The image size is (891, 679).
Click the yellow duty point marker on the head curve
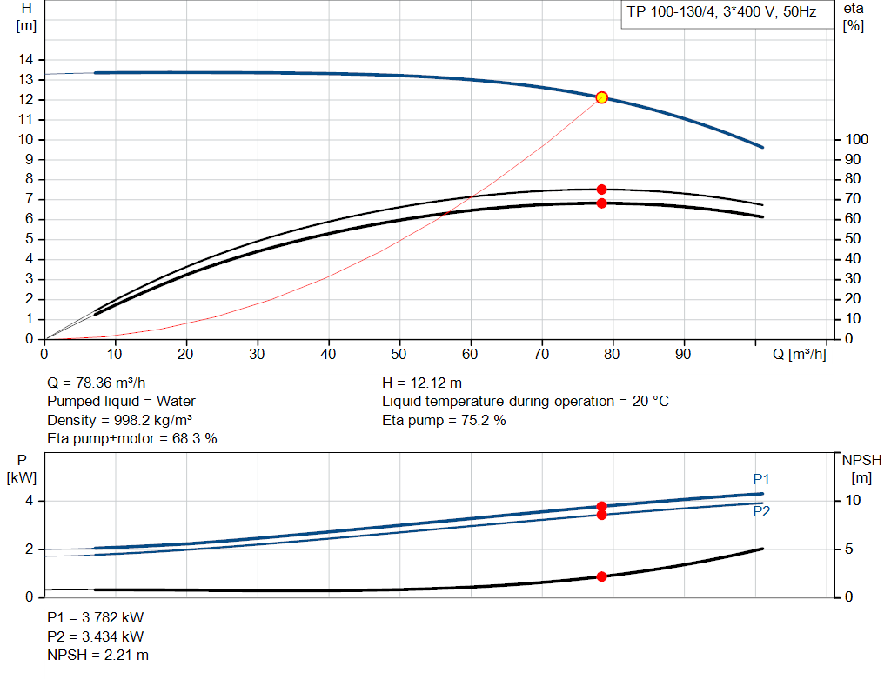coord(601,97)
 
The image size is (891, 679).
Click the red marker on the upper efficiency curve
coord(601,189)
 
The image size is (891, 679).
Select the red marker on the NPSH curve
coord(601,576)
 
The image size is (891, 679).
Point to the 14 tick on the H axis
coord(26,59)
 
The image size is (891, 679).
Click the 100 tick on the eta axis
coord(857,139)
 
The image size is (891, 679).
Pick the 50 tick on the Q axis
coord(399,354)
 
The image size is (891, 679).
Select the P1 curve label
coord(761,480)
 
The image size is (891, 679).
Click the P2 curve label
coord(761,511)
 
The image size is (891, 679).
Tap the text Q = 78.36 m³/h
coord(97,383)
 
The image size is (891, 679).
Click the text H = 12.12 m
coord(422,383)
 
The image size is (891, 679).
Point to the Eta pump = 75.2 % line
coord(444,420)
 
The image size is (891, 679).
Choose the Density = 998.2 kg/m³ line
coord(119,420)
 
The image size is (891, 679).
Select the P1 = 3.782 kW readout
coord(95,617)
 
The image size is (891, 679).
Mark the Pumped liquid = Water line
coord(121,401)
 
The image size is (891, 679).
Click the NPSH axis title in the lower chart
coord(860,459)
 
